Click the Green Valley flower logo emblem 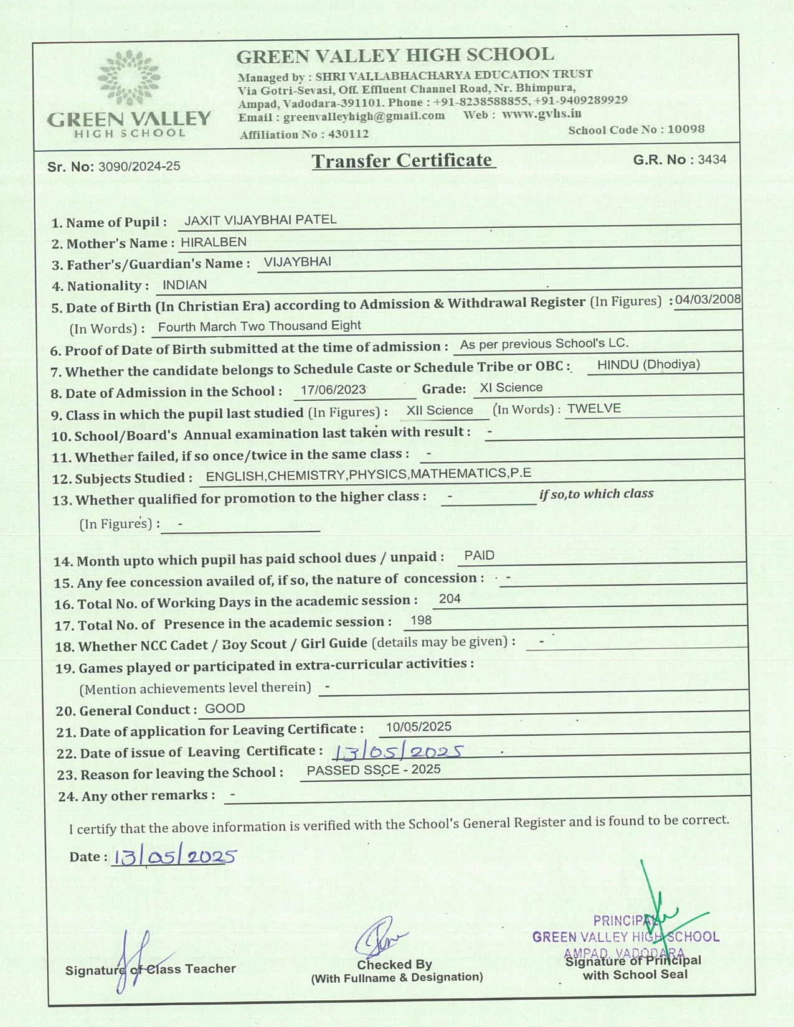pyautogui.click(x=129, y=77)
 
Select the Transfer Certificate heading pyautogui.click(x=402, y=161)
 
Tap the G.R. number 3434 pyautogui.click(x=712, y=159)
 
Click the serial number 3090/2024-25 pyautogui.click(x=139, y=167)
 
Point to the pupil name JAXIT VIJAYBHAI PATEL pyautogui.click(x=260, y=220)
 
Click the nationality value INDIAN pyautogui.click(x=184, y=285)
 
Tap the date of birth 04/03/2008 pyautogui.click(x=708, y=299)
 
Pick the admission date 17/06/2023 pyautogui.click(x=333, y=390)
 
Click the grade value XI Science pyautogui.click(x=511, y=388)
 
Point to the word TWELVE pyautogui.click(x=593, y=409)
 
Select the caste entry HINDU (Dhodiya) pyautogui.click(x=648, y=365)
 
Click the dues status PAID pyautogui.click(x=480, y=556)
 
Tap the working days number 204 pyautogui.click(x=450, y=599)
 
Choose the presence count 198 pyautogui.click(x=421, y=621)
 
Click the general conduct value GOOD pyautogui.click(x=225, y=708)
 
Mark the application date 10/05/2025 pyautogui.click(x=418, y=727)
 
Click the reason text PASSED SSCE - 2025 pyautogui.click(x=374, y=770)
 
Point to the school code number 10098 pyautogui.click(x=686, y=129)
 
